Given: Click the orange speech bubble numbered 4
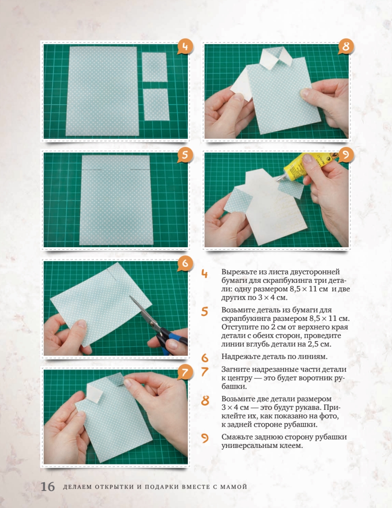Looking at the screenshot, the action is [x=185, y=47].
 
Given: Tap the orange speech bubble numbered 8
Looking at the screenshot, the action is [x=346, y=47].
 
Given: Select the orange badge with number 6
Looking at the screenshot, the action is [x=185, y=263].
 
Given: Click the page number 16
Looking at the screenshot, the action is [x=48, y=487].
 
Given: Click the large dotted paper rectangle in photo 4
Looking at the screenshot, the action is [x=102, y=91].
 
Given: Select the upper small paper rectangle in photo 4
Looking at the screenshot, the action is [x=154, y=67].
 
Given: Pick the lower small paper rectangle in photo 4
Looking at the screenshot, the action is [x=156, y=105].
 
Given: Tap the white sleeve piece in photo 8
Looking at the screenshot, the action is [x=241, y=84].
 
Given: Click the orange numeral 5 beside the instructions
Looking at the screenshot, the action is [x=205, y=312].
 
